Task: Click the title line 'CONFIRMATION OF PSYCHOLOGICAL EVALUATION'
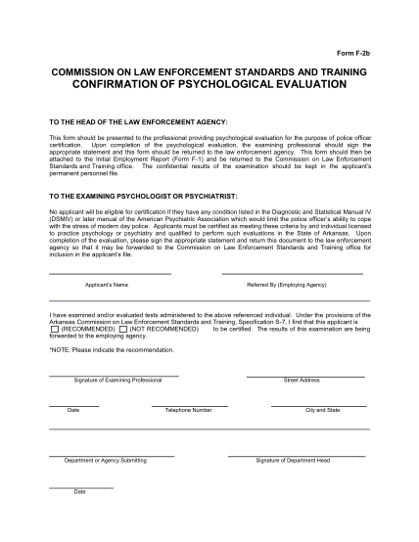click(x=208, y=84)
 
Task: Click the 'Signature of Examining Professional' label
click(x=114, y=380)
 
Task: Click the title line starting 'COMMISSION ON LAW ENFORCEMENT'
click(x=209, y=71)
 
